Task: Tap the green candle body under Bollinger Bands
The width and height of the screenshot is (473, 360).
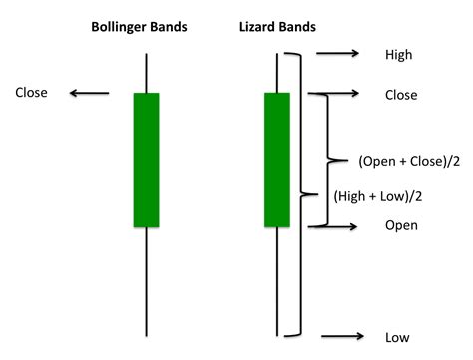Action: pos(146,160)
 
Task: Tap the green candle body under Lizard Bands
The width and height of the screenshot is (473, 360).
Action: pos(276,160)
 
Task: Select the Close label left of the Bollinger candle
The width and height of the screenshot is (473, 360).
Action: pos(33,93)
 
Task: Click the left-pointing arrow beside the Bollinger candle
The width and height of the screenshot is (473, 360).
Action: pos(89,94)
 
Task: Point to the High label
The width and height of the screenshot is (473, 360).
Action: pos(398,55)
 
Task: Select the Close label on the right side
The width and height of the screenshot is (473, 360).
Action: pos(400,95)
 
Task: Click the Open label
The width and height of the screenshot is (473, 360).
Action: pos(400,226)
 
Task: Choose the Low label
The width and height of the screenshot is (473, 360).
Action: pos(396,337)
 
